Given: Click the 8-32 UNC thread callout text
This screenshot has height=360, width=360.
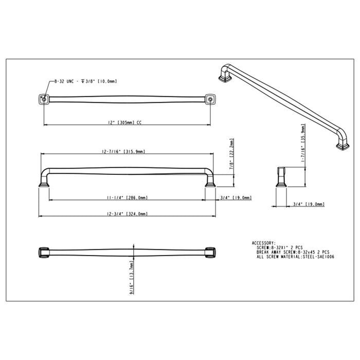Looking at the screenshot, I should tap(85, 81).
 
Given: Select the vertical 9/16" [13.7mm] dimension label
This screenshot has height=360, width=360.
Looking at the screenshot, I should tap(132, 274).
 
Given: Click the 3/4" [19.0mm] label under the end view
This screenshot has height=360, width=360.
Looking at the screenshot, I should tap(308, 204).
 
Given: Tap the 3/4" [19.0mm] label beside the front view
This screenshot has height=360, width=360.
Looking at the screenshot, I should tap(235, 197).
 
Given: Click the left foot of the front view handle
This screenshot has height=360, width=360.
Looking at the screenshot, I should tap(43, 182).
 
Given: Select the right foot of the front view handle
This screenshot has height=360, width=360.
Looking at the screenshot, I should tap(210, 182).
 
